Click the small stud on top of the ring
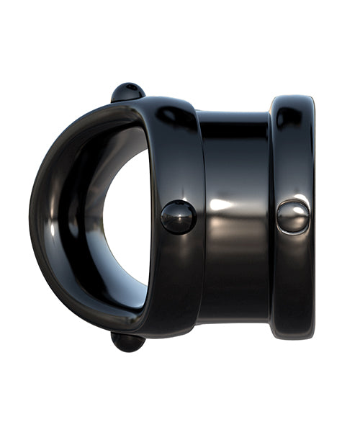pos(128,91)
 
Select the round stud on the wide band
pos(178,217)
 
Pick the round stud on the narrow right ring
pos(293,217)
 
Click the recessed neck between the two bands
pos(236,216)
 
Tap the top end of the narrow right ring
pos(292,99)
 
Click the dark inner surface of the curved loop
pos(79,216)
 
